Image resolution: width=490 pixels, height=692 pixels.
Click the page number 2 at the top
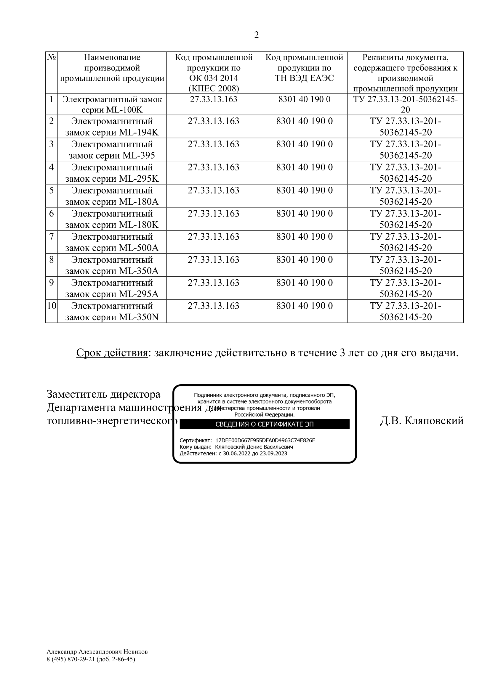(256, 35)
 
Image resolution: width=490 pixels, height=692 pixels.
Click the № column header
(52, 57)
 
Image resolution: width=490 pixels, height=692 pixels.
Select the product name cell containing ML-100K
(112, 104)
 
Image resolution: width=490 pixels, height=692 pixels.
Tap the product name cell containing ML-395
(112, 150)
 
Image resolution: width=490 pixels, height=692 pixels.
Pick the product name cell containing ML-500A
(112, 242)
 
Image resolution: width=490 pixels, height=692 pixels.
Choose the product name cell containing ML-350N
(112, 311)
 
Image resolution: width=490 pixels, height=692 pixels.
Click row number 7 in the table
(52, 237)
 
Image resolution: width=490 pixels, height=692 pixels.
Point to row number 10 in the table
(52, 306)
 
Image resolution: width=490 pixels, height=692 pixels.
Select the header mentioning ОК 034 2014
(214, 73)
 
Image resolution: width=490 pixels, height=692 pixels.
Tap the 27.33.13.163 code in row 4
(214, 167)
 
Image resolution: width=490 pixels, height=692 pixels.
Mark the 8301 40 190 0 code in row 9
(305, 283)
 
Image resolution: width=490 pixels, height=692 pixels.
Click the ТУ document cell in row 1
(405, 104)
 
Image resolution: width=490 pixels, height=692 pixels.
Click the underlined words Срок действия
(112, 353)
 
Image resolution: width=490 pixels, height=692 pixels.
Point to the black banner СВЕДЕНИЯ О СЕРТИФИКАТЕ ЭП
(265, 424)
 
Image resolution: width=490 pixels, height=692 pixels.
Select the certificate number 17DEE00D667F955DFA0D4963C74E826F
(265, 440)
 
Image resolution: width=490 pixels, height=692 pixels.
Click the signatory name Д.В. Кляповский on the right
(422, 420)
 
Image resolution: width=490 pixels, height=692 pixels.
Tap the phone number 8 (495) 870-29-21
(71, 659)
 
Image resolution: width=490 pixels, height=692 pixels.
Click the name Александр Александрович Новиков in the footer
(97, 652)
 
